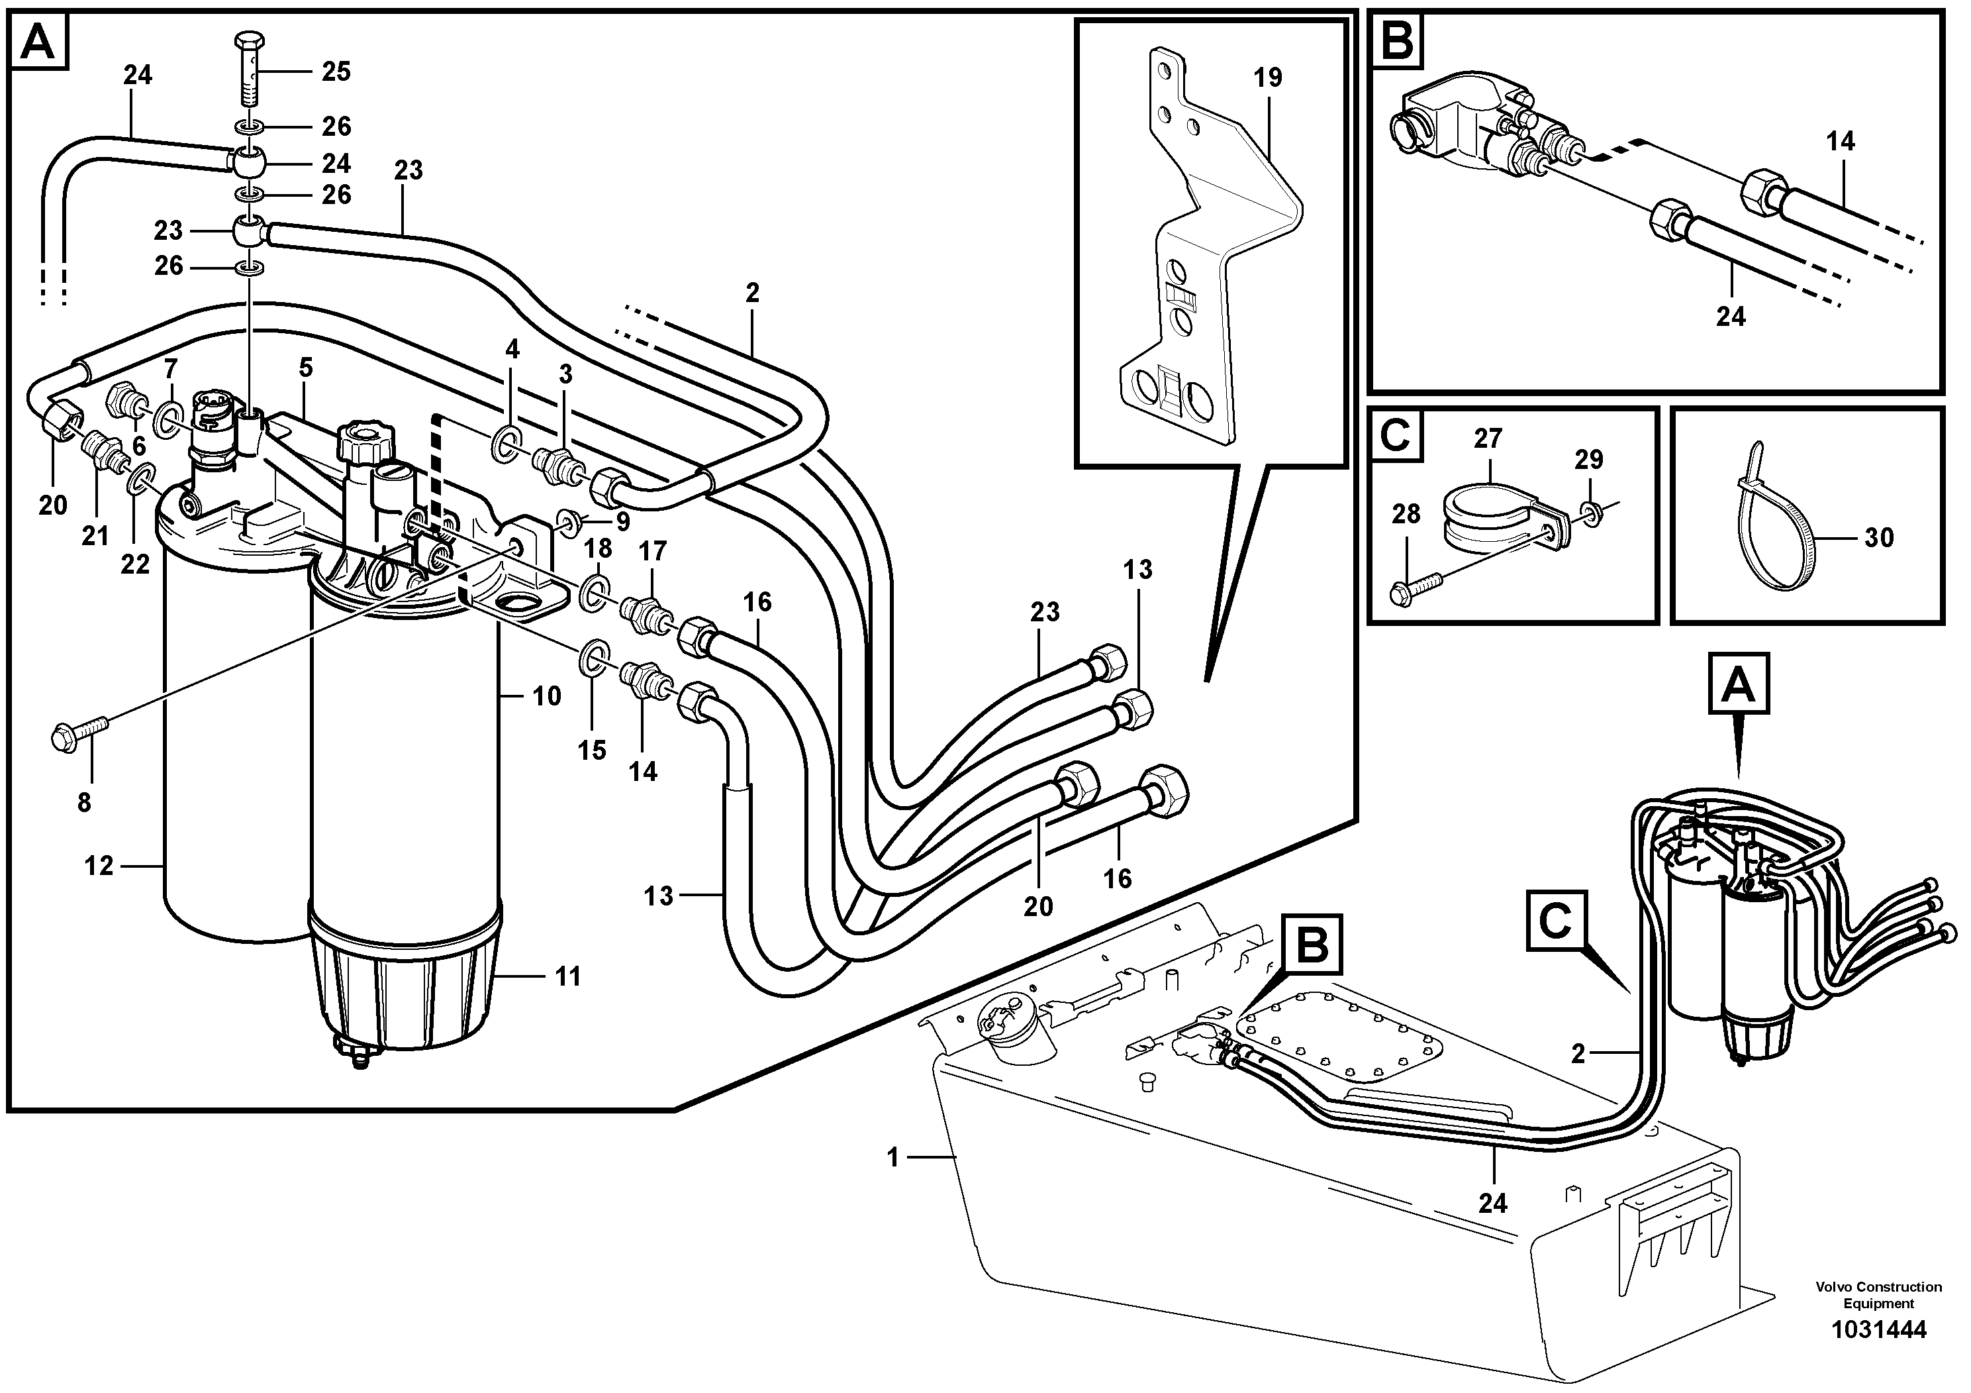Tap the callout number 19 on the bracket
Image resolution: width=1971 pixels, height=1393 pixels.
[1267, 77]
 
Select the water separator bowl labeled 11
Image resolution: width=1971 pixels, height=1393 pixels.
[405, 985]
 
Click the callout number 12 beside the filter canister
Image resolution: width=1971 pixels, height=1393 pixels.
[98, 866]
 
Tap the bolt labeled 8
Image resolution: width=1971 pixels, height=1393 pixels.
[79, 735]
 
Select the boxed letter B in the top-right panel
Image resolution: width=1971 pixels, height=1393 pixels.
[1398, 41]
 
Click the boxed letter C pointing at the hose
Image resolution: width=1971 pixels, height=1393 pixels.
[1555, 921]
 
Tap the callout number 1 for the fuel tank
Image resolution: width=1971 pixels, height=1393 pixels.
[892, 1159]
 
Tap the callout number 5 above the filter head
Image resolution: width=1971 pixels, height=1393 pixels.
[306, 368]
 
